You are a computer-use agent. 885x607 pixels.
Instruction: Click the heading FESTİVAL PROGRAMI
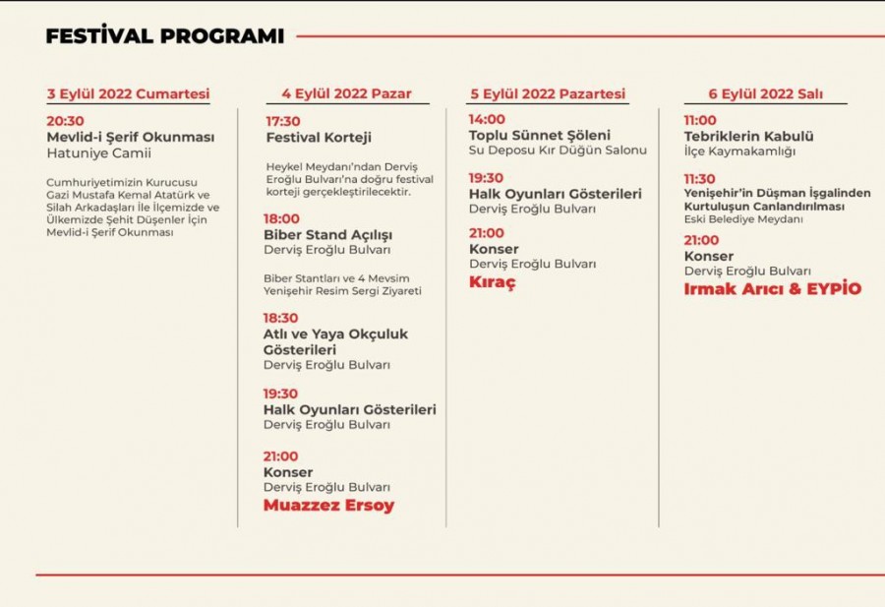click(x=164, y=36)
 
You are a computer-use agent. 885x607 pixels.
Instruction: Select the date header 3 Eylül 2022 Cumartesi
click(x=128, y=94)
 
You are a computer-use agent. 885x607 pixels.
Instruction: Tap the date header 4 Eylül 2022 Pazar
click(x=346, y=94)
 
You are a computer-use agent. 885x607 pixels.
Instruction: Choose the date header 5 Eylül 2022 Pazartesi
click(x=548, y=94)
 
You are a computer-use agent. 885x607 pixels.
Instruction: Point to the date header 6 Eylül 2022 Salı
click(x=765, y=94)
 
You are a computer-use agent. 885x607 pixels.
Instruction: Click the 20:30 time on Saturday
click(x=66, y=121)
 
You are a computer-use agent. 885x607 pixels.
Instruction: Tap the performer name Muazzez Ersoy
click(x=328, y=506)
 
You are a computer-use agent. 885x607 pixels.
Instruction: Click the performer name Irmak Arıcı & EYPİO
click(x=773, y=289)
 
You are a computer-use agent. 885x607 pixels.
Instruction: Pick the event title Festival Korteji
click(x=319, y=138)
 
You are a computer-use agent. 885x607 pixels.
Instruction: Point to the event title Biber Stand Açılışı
click(x=327, y=235)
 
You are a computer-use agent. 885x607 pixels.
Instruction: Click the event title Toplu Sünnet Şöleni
click(x=539, y=135)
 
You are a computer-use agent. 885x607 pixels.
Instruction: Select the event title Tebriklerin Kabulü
click(x=748, y=137)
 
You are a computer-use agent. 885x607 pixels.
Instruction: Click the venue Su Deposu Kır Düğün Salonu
click(x=558, y=151)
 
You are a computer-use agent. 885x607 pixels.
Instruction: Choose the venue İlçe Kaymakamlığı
click(x=739, y=152)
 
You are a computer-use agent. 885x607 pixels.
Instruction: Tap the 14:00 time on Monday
click(x=487, y=119)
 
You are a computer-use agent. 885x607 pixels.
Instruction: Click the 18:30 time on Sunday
click(x=281, y=318)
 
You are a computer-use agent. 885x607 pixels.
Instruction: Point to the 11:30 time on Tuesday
click(x=700, y=178)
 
